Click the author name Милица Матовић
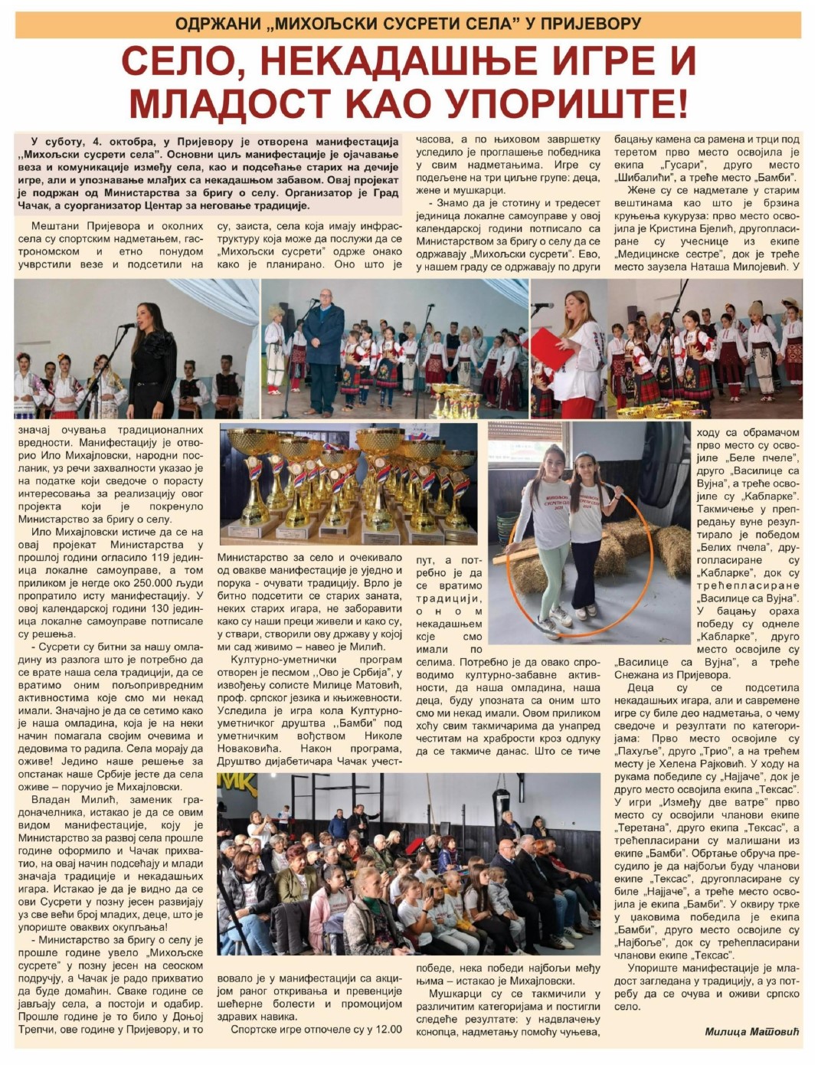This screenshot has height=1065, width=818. tap(751, 1031)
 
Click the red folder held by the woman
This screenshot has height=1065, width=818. tap(554, 349)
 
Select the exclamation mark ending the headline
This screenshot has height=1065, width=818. tap(682, 103)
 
